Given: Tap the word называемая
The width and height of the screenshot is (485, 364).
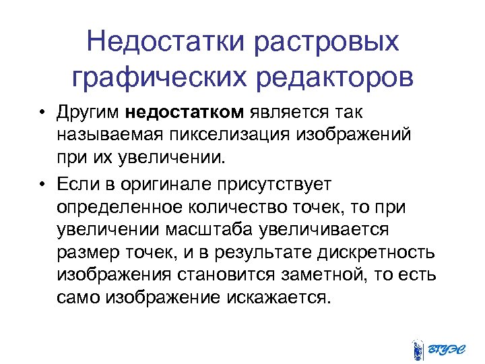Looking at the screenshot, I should (x=107, y=135).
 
